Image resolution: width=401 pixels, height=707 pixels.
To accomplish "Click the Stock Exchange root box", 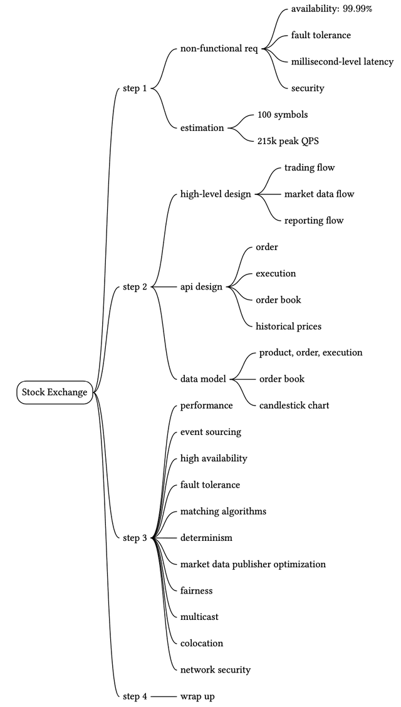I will [x=55, y=392].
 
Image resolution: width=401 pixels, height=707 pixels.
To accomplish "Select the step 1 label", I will [x=135, y=88].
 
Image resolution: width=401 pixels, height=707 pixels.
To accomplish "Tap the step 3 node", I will [x=135, y=538].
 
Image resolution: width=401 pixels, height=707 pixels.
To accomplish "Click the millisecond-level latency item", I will [x=342, y=61].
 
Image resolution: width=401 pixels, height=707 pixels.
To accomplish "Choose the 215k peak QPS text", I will [x=288, y=141].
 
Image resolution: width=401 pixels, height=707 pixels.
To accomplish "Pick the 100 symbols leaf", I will [x=283, y=115].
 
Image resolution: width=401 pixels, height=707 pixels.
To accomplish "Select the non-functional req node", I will [x=219, y=49].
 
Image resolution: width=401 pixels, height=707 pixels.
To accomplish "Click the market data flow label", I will [x=319, y=194].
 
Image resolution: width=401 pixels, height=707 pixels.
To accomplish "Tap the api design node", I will [x=201, y=286].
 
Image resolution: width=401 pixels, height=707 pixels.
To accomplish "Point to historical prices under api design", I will [x=288, y=326].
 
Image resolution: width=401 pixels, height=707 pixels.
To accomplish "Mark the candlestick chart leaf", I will [x=294, y=405].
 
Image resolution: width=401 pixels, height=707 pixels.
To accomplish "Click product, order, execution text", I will [x=311, y=352].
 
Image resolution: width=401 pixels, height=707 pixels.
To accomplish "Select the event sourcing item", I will [x=211, y=432].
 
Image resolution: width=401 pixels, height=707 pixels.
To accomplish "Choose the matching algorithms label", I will [x=223, y=511].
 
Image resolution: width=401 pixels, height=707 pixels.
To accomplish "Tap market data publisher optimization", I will [x=253, y=564].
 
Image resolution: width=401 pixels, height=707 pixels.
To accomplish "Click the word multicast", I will [x=199, y=617].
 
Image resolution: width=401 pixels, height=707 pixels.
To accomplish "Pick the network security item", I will [x=215, y=669].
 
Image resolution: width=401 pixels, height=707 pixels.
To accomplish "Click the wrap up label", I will [x=197, y=696].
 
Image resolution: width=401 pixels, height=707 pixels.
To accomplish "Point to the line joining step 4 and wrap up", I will [x=163, y=696].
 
